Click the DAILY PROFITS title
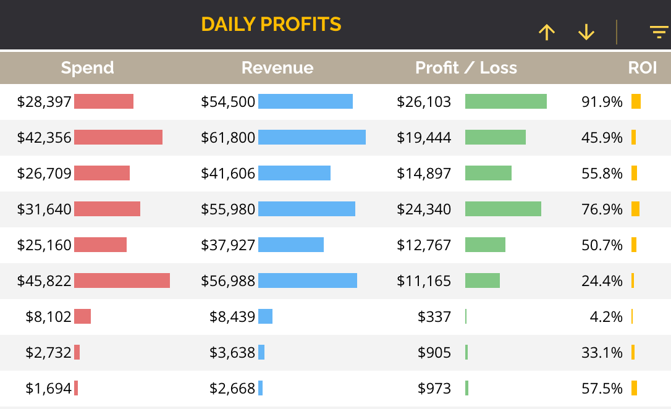(271, 24)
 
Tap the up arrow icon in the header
(546, 32)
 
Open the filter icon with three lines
(659, 32)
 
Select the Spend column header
(87, 68)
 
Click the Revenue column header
(277, 68)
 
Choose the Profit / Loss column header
(466, 68)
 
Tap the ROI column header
(643, 68)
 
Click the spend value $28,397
(44, 102)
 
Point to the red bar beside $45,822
(122, 280)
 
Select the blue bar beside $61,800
(311, 137)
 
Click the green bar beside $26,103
(505, 101)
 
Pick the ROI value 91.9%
(602, 102)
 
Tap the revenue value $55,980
(228, 209)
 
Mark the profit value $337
(434, 317)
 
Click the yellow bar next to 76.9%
(635, 209)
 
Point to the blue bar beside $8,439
(265, 316)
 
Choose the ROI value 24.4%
(602, 281)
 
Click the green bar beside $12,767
(485, 245)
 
